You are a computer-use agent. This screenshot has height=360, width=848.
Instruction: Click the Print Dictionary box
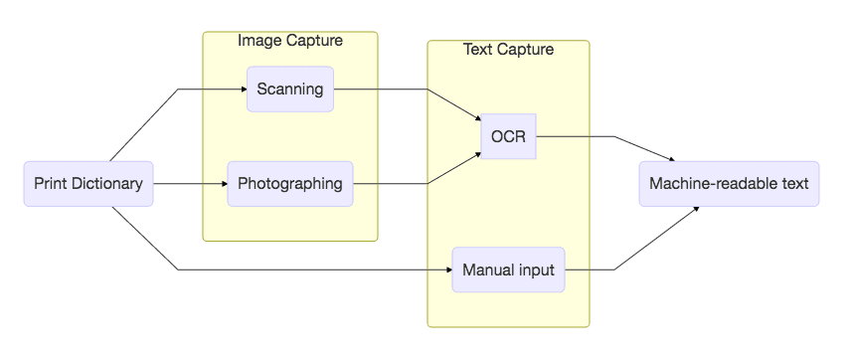88,184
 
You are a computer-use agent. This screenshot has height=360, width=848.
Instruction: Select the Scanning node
290,89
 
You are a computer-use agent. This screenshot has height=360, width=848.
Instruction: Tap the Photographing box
290,184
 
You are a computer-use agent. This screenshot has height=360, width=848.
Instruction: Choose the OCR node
508,136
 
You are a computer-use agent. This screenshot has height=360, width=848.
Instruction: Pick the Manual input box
508,270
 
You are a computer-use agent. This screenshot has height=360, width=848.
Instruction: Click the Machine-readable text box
729,184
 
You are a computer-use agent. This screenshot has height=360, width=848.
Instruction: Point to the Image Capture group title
290,41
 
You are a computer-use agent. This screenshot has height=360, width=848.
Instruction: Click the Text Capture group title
508,50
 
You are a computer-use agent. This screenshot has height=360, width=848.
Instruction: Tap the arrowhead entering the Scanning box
243,89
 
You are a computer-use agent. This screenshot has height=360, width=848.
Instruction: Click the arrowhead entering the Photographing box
224,184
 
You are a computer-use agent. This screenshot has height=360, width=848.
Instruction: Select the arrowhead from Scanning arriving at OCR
477,120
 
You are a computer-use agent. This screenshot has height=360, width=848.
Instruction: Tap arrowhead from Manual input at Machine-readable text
695,208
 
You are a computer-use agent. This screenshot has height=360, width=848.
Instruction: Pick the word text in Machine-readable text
792,184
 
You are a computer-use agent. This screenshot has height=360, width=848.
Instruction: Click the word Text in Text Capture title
478,50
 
